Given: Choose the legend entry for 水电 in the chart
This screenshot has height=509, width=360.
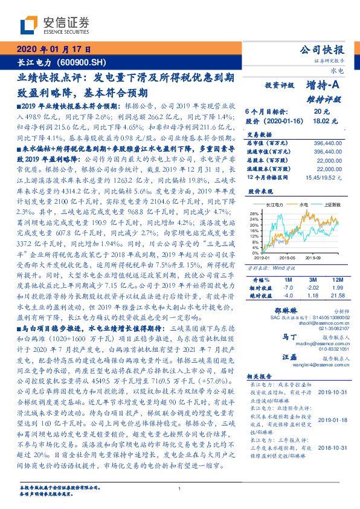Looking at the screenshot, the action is point(304,204).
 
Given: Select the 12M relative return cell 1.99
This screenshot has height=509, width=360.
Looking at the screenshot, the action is point(339,287).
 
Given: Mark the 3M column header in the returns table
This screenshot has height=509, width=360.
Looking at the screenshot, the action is point(312,280).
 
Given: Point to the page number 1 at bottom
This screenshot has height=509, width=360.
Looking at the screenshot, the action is point(180,488).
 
